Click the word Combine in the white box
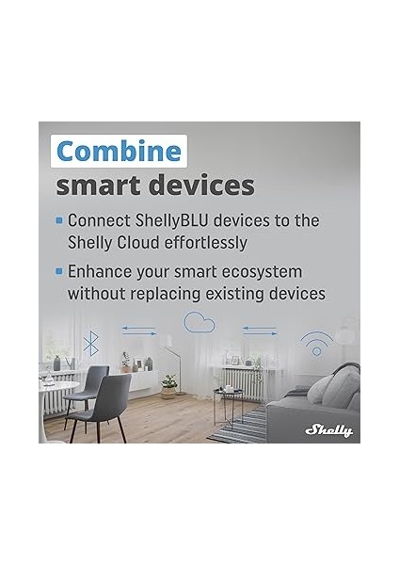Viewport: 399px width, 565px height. point(118,152)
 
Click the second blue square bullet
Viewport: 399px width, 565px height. point(59,271)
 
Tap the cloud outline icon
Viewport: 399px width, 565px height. point(199,323)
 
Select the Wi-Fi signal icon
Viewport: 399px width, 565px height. point(316,340)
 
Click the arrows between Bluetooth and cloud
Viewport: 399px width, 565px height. point(139,330)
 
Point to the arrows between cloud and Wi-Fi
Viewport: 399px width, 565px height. point(260,330)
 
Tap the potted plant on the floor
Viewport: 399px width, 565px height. point(168,386)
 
